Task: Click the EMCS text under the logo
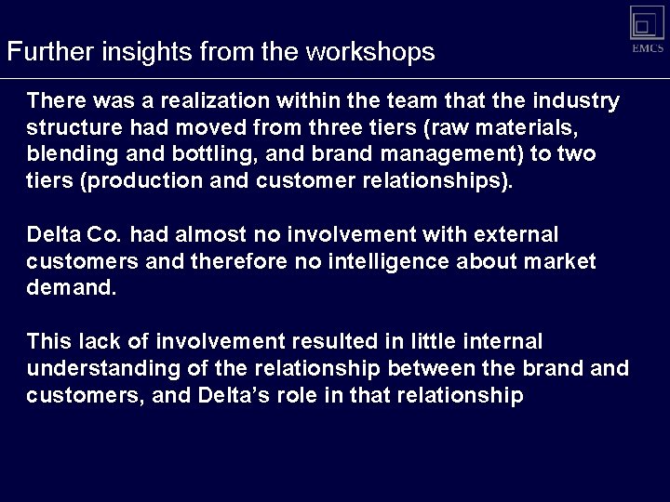pos(648,47)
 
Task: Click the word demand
pos(73,289)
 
